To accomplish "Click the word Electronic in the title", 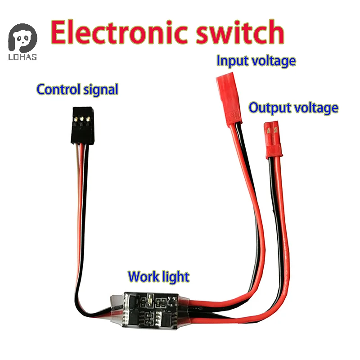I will pos(121,32).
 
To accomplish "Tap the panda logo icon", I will pos(22,39).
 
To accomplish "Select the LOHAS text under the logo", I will pos(22,57).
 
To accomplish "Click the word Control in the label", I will pos(56,89).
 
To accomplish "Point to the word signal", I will pos(98,90).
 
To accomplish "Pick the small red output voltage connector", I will pos(272,142).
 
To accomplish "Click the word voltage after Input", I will pos(274,60).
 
